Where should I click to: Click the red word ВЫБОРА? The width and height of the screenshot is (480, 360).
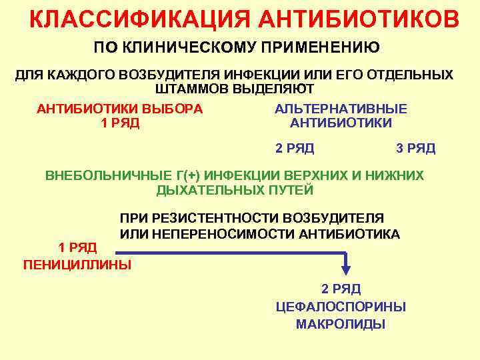pyautogui.click(x=173, y=109)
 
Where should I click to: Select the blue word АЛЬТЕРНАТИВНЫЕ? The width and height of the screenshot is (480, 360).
pyautogui.click(x=341, y=109)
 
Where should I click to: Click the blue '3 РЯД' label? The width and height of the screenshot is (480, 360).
pyautogui.click(x=416, y=148)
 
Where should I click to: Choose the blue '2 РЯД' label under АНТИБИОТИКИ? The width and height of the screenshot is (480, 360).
pyautogui.click(x=295, y=148)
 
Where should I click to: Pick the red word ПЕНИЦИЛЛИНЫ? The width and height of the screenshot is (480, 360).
pyautogui.click(x=77, y=265)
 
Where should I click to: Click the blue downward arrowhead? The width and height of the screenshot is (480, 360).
pyautogui.click(x=346, y=269)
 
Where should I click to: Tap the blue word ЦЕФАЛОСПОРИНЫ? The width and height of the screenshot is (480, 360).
pyautogui.click(x=341, y=307)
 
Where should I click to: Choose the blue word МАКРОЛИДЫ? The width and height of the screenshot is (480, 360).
pyautogui.click(x=341, y=325)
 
